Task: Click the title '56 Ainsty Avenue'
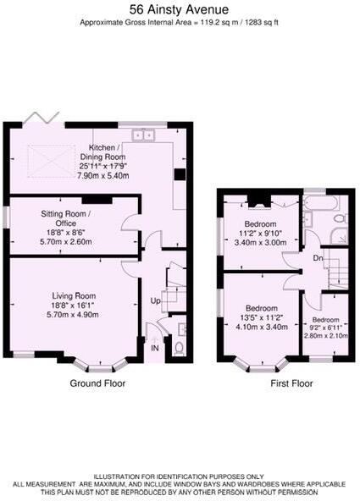[x=179, y=9]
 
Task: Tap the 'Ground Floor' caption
[x=97, y=383]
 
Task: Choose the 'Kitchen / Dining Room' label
[x=103, y=152]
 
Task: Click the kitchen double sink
[x=142, y=133]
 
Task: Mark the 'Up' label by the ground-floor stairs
[x=155, y=301]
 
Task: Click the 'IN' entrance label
[x=154, y=347]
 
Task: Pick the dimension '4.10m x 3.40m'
[x=261, y=326]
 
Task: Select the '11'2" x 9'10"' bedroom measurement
[x=261, y=234]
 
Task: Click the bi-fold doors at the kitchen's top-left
[x=36, y=117]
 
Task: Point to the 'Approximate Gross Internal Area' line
[x=179, y=25]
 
